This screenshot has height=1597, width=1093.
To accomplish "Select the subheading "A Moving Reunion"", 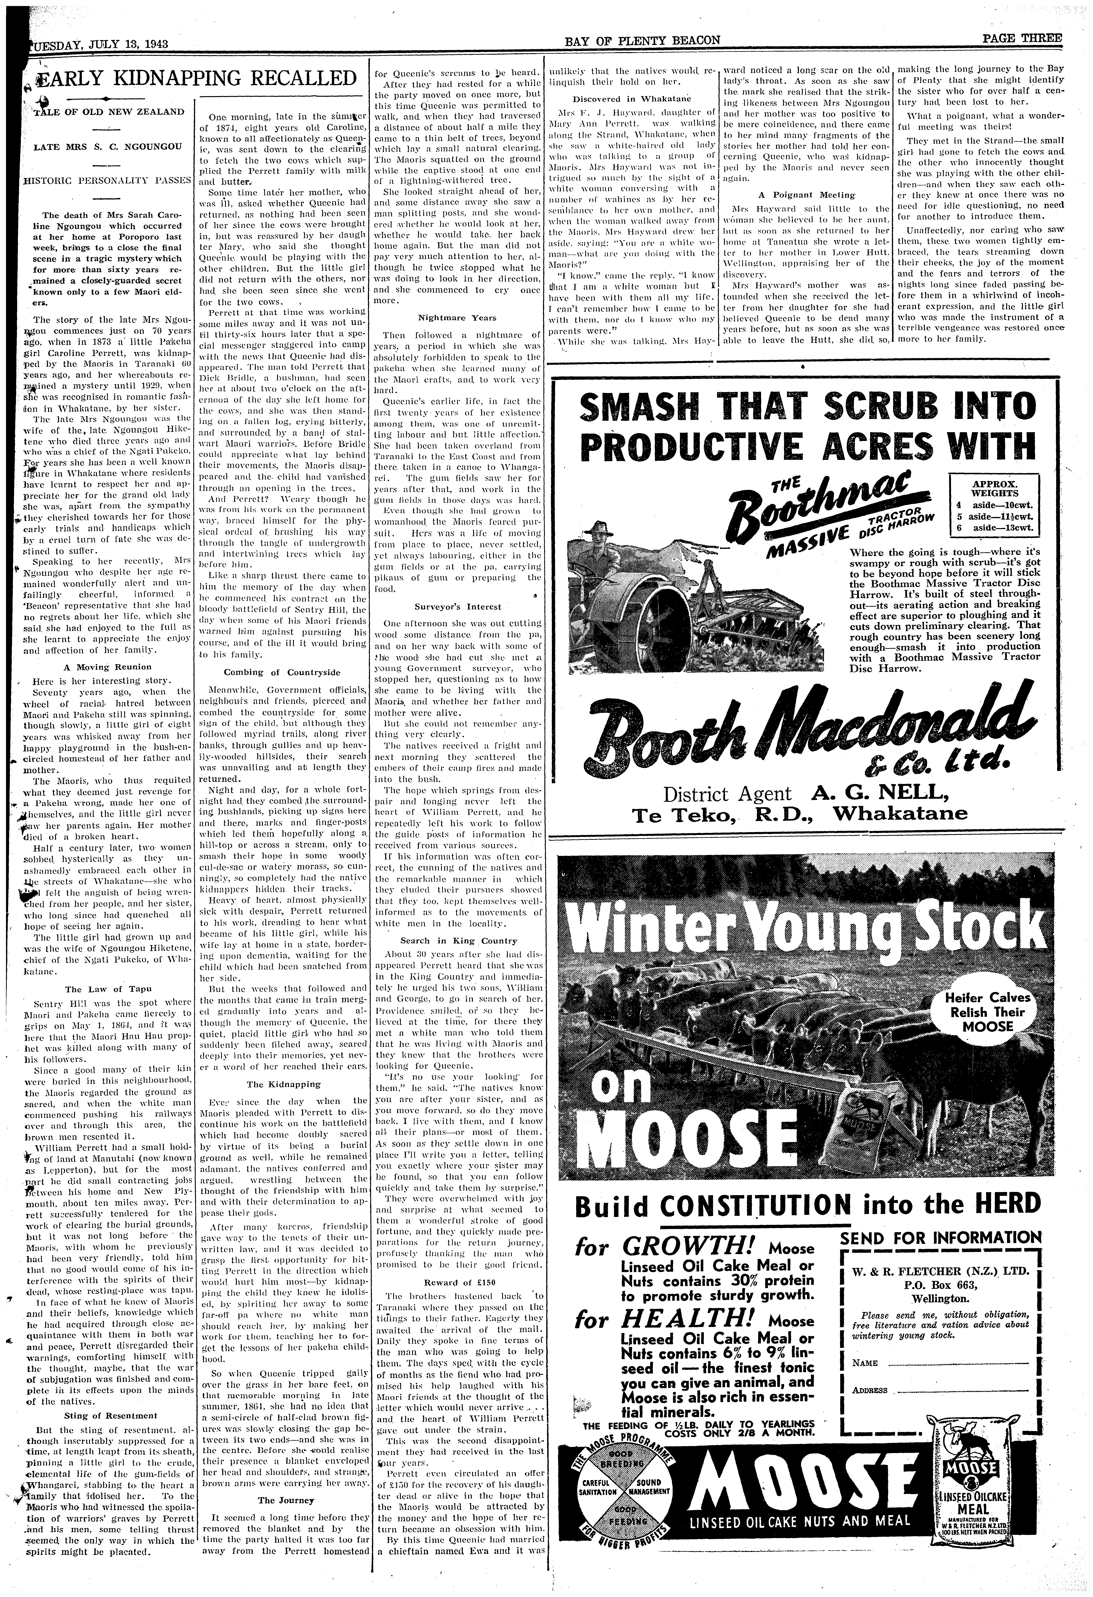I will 106,667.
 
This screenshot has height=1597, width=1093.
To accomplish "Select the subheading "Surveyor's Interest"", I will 457,607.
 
